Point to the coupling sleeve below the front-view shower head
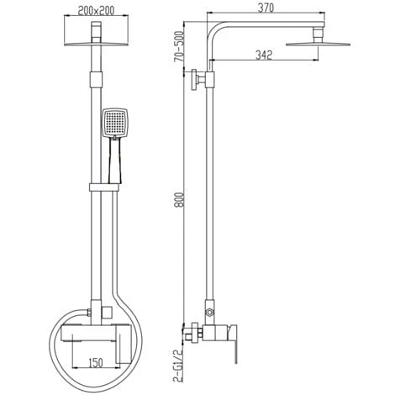(x=96, y=81)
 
